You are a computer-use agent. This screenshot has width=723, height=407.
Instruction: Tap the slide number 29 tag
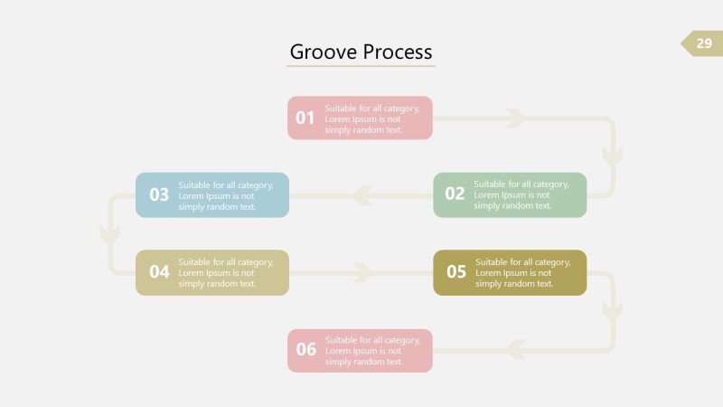click(703, 43)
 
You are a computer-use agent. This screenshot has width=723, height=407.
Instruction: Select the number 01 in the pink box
click(305, 118)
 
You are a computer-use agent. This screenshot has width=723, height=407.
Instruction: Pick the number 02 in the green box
click(455, 194)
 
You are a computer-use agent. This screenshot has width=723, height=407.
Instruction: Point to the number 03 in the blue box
click(159, 194)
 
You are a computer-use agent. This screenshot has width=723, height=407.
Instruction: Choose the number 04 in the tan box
click(159, 271)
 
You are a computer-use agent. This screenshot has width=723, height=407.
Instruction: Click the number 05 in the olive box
click(456, 271)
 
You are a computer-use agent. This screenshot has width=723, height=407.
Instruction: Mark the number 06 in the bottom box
click(306, 350)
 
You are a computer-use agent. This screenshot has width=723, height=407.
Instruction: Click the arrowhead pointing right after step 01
click(515, 118)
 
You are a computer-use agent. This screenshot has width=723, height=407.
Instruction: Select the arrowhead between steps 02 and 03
click(362, 194)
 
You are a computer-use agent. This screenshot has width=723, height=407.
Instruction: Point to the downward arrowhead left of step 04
click(110, 233)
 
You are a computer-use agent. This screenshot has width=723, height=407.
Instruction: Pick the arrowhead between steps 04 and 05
click(362, 272)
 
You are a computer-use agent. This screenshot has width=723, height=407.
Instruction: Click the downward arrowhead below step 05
click(613, 311)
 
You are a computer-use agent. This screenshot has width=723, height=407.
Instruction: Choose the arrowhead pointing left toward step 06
click(516, 349)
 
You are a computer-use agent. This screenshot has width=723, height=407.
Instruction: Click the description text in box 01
click(372, 118)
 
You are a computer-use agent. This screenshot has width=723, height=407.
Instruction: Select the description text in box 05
click(522, 272)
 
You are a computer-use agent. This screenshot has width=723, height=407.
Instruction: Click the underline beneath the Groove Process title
click(361, 66)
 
